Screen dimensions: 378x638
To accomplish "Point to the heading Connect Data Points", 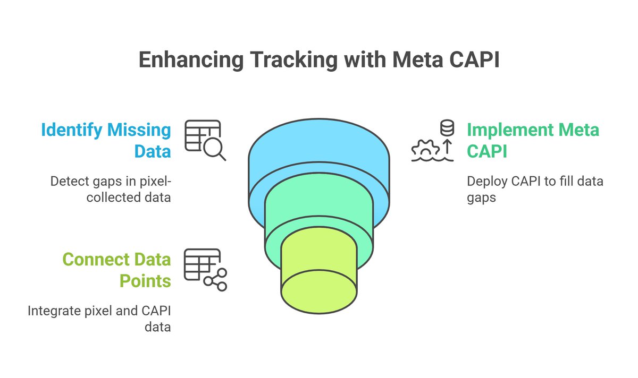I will [116, 270].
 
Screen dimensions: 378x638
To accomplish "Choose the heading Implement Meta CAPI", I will [533, 140].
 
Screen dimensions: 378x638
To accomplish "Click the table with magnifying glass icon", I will [205, 140].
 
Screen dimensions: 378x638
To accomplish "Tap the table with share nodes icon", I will [205, 270].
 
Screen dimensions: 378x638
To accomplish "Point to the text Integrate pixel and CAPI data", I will [99, 319].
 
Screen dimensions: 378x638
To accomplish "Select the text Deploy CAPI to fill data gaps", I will [535, 189].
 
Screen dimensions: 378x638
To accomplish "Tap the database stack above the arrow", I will [447, 128].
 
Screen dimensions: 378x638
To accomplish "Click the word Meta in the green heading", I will [577, 130].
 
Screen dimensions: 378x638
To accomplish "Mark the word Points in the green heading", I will [145, 280].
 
